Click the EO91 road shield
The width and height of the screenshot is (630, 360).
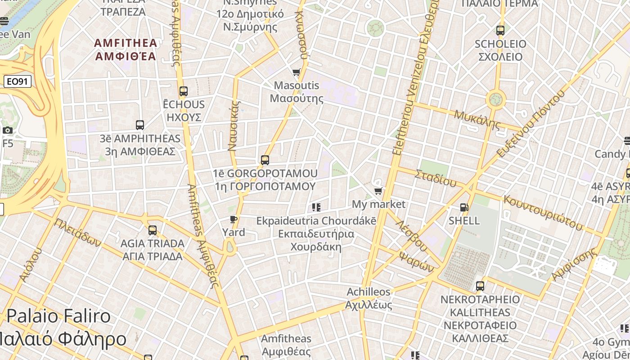[x=17, y=82]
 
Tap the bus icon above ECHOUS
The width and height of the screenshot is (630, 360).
[x=183, y=91]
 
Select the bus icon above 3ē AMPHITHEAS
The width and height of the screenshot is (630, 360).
[x=140, y=125]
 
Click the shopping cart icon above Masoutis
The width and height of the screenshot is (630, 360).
[x=296, y=72]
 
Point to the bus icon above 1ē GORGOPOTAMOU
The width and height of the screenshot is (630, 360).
[x=265, y=160]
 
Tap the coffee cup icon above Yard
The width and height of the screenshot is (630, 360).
[x=234, y=220]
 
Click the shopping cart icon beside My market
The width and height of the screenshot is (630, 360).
[x=378, y=191]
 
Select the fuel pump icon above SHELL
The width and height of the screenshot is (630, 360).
[x=464, y=207]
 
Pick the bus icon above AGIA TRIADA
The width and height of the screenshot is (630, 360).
[x=153, y=230]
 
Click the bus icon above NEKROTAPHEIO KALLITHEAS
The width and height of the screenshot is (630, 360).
[x=480, y=286]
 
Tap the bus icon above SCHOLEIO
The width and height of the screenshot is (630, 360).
[x=500, y=31]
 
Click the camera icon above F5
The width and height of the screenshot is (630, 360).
[x=8, y=130]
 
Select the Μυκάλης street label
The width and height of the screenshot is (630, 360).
[x=477, y=120]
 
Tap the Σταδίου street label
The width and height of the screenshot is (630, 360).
[x=436, y=178]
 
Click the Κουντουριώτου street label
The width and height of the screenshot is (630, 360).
[x=542, y=212]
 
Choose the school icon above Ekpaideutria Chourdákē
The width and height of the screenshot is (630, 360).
[x=316, y=207]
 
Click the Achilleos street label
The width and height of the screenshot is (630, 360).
[x=369, y=292]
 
